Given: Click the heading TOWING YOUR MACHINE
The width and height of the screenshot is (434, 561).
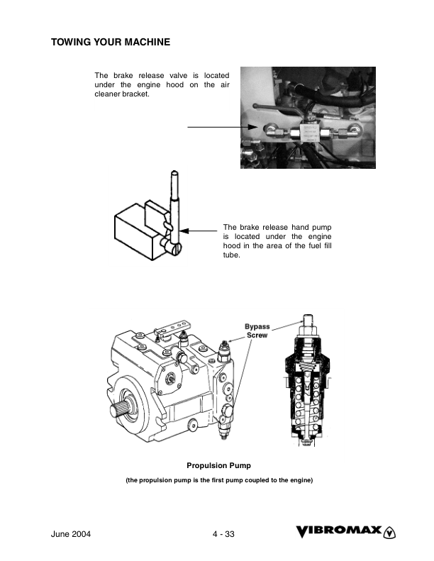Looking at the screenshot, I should (111, 43).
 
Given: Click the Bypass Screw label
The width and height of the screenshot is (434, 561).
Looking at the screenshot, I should (257, 331).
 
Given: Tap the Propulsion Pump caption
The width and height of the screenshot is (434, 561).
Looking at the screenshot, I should (218, 466).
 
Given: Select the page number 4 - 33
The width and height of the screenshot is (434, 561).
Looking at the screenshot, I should (223, 534).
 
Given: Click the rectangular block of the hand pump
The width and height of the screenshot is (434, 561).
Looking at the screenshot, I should (135, 233).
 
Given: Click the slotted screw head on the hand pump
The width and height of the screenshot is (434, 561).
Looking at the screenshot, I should (177, 248).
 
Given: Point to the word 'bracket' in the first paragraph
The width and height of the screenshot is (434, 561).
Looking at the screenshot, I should (135, 94).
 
